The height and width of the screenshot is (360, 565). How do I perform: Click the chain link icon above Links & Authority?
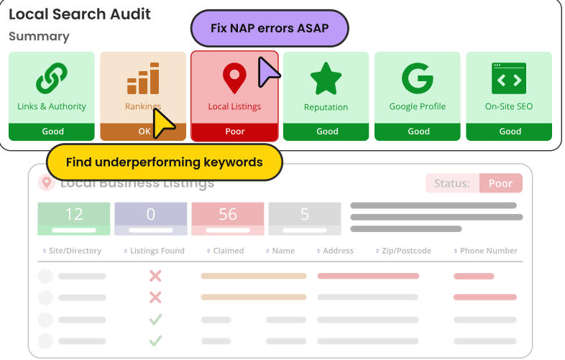[x=51, y=77]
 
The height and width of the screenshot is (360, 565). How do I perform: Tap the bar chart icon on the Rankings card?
[x=142, y=78]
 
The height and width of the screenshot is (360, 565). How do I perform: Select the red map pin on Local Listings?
[x=234, y=78]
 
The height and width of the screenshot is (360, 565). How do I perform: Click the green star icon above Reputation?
[x=326, y=78]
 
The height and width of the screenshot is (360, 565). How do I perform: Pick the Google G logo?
[x=417, y=78]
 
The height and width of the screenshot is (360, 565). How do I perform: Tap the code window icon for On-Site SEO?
[x=509, y=78]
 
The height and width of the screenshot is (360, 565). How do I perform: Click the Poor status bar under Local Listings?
[x=234, y=131]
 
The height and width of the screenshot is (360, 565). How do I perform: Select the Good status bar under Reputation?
[x=326, y=131]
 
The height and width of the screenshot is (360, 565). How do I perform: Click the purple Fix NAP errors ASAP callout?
[x=270, y=29]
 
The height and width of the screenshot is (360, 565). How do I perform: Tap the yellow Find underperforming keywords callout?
[x=164, y=162]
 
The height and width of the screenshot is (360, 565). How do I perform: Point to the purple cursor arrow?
[x=268, y=70]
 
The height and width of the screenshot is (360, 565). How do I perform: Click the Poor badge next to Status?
[x=500, y=183]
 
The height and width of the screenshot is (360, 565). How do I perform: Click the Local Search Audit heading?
[x=80, y=14]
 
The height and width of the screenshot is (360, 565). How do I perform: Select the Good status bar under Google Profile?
[x=418, y=131]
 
